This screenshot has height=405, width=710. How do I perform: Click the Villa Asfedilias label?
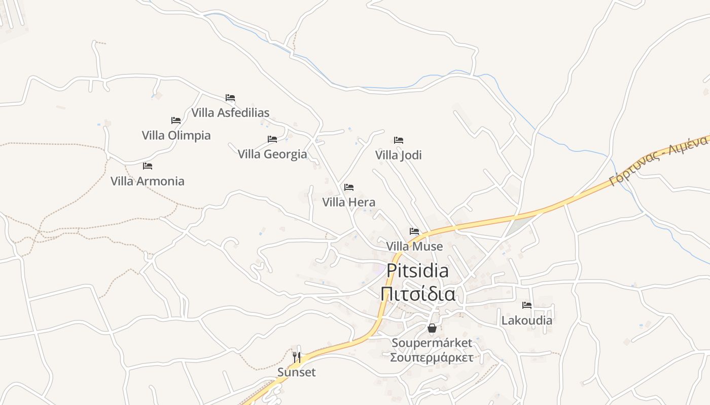coord(230,112)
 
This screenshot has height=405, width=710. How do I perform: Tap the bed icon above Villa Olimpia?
coord(176,120)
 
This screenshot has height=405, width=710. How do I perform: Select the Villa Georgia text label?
coord(272,154)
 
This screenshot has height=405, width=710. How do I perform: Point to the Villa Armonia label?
coord(148,181)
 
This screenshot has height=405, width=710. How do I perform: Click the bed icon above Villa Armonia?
coord(148,166)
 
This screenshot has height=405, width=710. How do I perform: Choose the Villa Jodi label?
coord(399,155)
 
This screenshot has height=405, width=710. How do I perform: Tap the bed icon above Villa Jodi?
coord(399,140)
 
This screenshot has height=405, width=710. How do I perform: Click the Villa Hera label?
coord(349,202)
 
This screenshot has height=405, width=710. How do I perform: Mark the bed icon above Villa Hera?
coord(349,187)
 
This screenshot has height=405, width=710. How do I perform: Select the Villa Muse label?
coord(414,247)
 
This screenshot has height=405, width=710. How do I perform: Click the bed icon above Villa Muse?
coord(414,231)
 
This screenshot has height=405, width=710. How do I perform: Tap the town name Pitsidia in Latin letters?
coord(417,271)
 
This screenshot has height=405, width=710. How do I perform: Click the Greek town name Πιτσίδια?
coord(417,294)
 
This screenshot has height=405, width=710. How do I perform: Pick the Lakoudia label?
coord(527,320)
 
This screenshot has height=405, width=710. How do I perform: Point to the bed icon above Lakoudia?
coord(527,305)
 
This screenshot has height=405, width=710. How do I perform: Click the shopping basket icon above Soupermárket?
coord(432,328)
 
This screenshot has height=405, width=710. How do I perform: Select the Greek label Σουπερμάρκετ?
coord(432,357)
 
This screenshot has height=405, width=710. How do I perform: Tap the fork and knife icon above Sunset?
coord(297,357)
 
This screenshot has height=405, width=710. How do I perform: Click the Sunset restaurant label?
coord(297,373)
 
